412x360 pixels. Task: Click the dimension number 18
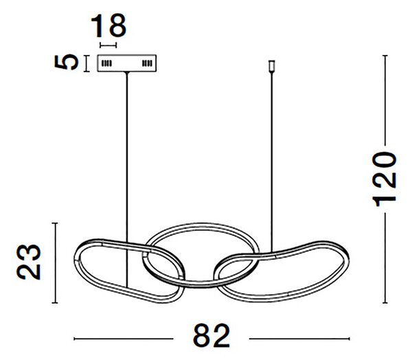(108, 26)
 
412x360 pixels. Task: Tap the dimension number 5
(67, 63)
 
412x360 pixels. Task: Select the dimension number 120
(384, 179)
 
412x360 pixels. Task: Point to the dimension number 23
(29, 262)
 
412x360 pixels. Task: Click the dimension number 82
(211, 335)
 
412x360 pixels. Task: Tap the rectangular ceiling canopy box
(127, 63)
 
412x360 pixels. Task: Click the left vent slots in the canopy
(106, 63)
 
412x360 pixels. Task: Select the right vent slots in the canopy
(147, 63)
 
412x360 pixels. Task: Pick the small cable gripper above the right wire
(272, 67)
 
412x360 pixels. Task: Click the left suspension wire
(127, 179)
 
